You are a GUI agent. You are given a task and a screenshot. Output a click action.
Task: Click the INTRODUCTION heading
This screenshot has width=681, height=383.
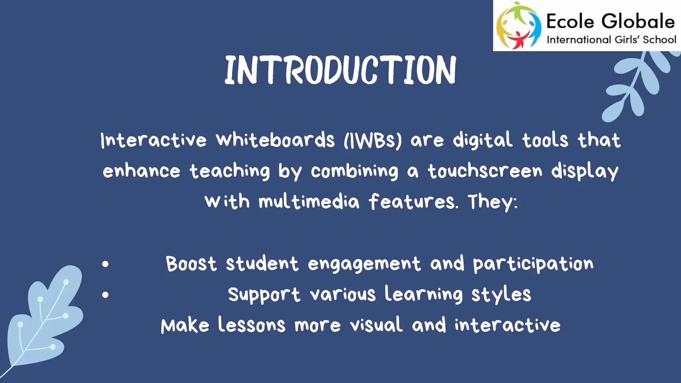coord(340,70)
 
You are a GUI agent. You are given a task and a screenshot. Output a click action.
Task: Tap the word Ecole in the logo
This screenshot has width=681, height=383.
coord(570,22)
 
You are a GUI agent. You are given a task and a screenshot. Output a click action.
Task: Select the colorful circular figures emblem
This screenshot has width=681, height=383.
coord(518,26)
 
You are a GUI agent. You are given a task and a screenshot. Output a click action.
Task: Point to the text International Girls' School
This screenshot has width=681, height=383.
coord(611,40)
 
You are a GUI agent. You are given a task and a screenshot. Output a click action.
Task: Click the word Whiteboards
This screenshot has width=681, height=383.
coord(275,140)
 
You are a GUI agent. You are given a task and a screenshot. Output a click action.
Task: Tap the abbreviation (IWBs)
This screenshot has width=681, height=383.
coord(372,140)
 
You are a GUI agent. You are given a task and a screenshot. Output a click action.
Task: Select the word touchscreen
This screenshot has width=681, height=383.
coord(485,171)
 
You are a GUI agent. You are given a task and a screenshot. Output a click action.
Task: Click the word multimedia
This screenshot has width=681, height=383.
coord(309,202)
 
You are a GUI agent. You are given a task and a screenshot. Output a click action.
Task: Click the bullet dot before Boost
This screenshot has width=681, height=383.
coord(105,264)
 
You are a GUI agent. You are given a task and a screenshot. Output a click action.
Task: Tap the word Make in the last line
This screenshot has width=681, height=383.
coord(185,325)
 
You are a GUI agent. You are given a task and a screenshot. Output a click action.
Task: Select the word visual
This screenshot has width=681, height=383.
coord(376,325)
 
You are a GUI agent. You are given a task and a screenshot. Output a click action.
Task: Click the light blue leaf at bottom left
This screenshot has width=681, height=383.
coord(45,319)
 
